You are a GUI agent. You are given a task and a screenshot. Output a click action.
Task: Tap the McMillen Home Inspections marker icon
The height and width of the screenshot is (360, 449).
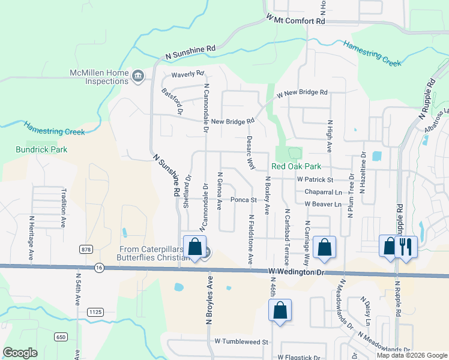(x=139, y=76)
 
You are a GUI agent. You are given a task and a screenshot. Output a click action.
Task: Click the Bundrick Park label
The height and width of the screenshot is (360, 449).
(x=42, y=149)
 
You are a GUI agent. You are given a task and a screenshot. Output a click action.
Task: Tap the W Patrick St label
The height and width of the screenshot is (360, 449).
(x=315, y=179)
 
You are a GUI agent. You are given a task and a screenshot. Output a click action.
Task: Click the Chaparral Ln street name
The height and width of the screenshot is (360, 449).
(x=323, y=192)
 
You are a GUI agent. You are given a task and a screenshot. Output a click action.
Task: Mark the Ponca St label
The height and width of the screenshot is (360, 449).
(x=244, y=200)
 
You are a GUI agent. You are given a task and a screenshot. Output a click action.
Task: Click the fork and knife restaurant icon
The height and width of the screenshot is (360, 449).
(x=406, y=246)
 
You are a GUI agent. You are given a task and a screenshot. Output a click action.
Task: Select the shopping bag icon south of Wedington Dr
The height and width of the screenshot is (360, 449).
(x=280, y=310)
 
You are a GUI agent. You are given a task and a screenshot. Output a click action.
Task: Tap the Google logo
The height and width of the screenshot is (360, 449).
(x=20, y=353)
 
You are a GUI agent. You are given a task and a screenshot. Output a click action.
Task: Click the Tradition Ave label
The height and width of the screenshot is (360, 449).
(x=63, y=208)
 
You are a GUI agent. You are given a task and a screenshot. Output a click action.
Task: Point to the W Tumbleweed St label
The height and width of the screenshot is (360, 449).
(x=240, y=341)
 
